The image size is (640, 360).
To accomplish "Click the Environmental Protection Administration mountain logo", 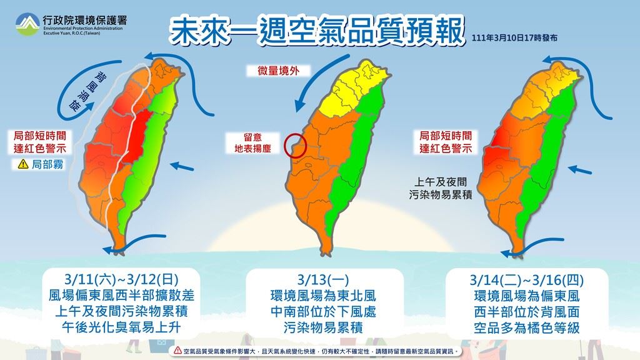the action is coord(27,24).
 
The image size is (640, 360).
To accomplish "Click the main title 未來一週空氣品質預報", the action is coord(316,31).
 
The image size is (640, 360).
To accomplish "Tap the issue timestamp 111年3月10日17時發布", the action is coord(514,38).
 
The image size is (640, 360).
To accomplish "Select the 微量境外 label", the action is coord(278,71).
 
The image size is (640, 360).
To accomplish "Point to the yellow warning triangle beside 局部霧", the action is coord(23,164).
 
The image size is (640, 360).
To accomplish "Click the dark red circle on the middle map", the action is coord(295,146).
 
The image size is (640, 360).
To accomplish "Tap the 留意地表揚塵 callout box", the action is coord(252,143).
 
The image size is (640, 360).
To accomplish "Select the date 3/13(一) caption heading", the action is coord(323,280).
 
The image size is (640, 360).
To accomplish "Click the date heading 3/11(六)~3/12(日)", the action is coord(122,279).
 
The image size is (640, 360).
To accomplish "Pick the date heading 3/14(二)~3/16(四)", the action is coord(526,280).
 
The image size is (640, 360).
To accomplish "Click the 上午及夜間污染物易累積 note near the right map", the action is coord(441,188).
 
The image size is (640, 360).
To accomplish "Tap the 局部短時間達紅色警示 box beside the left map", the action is coord(39,142).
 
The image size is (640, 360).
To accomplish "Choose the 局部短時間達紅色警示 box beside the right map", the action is coord(445,142).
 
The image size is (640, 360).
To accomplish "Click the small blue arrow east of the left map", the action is coord(182,166).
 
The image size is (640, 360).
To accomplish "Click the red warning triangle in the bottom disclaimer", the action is coord(177,351).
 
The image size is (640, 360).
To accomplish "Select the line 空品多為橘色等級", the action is coord(526,328).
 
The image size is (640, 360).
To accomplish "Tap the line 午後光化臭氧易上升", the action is coord(121,327).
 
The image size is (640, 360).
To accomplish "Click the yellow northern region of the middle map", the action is coord(351,92).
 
